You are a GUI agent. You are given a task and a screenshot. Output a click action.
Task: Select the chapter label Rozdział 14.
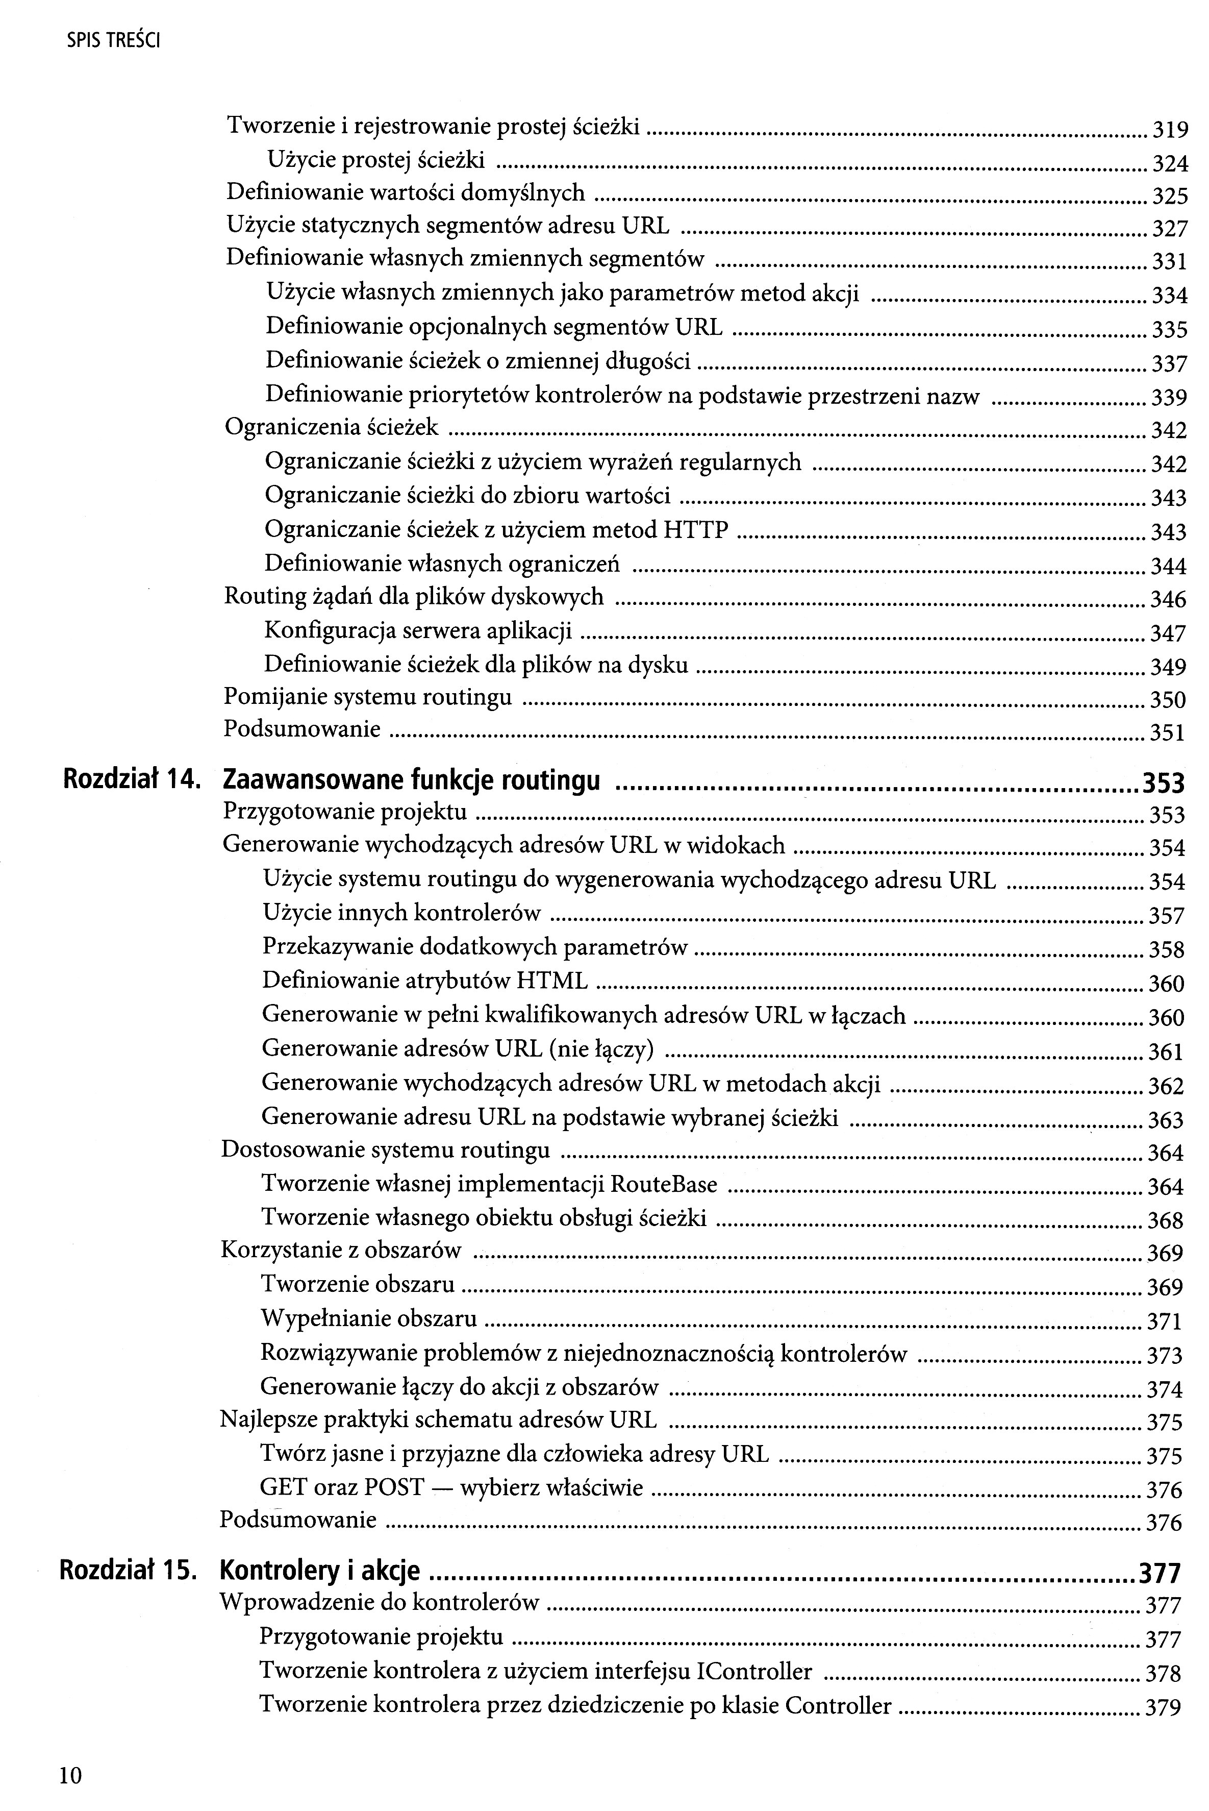pos(132,780)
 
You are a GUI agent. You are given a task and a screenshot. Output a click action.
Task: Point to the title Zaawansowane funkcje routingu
pos(411,780)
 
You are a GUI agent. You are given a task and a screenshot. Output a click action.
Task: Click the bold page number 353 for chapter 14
pos(1163,782)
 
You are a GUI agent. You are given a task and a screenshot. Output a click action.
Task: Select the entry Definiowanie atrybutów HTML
pos(425,981)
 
